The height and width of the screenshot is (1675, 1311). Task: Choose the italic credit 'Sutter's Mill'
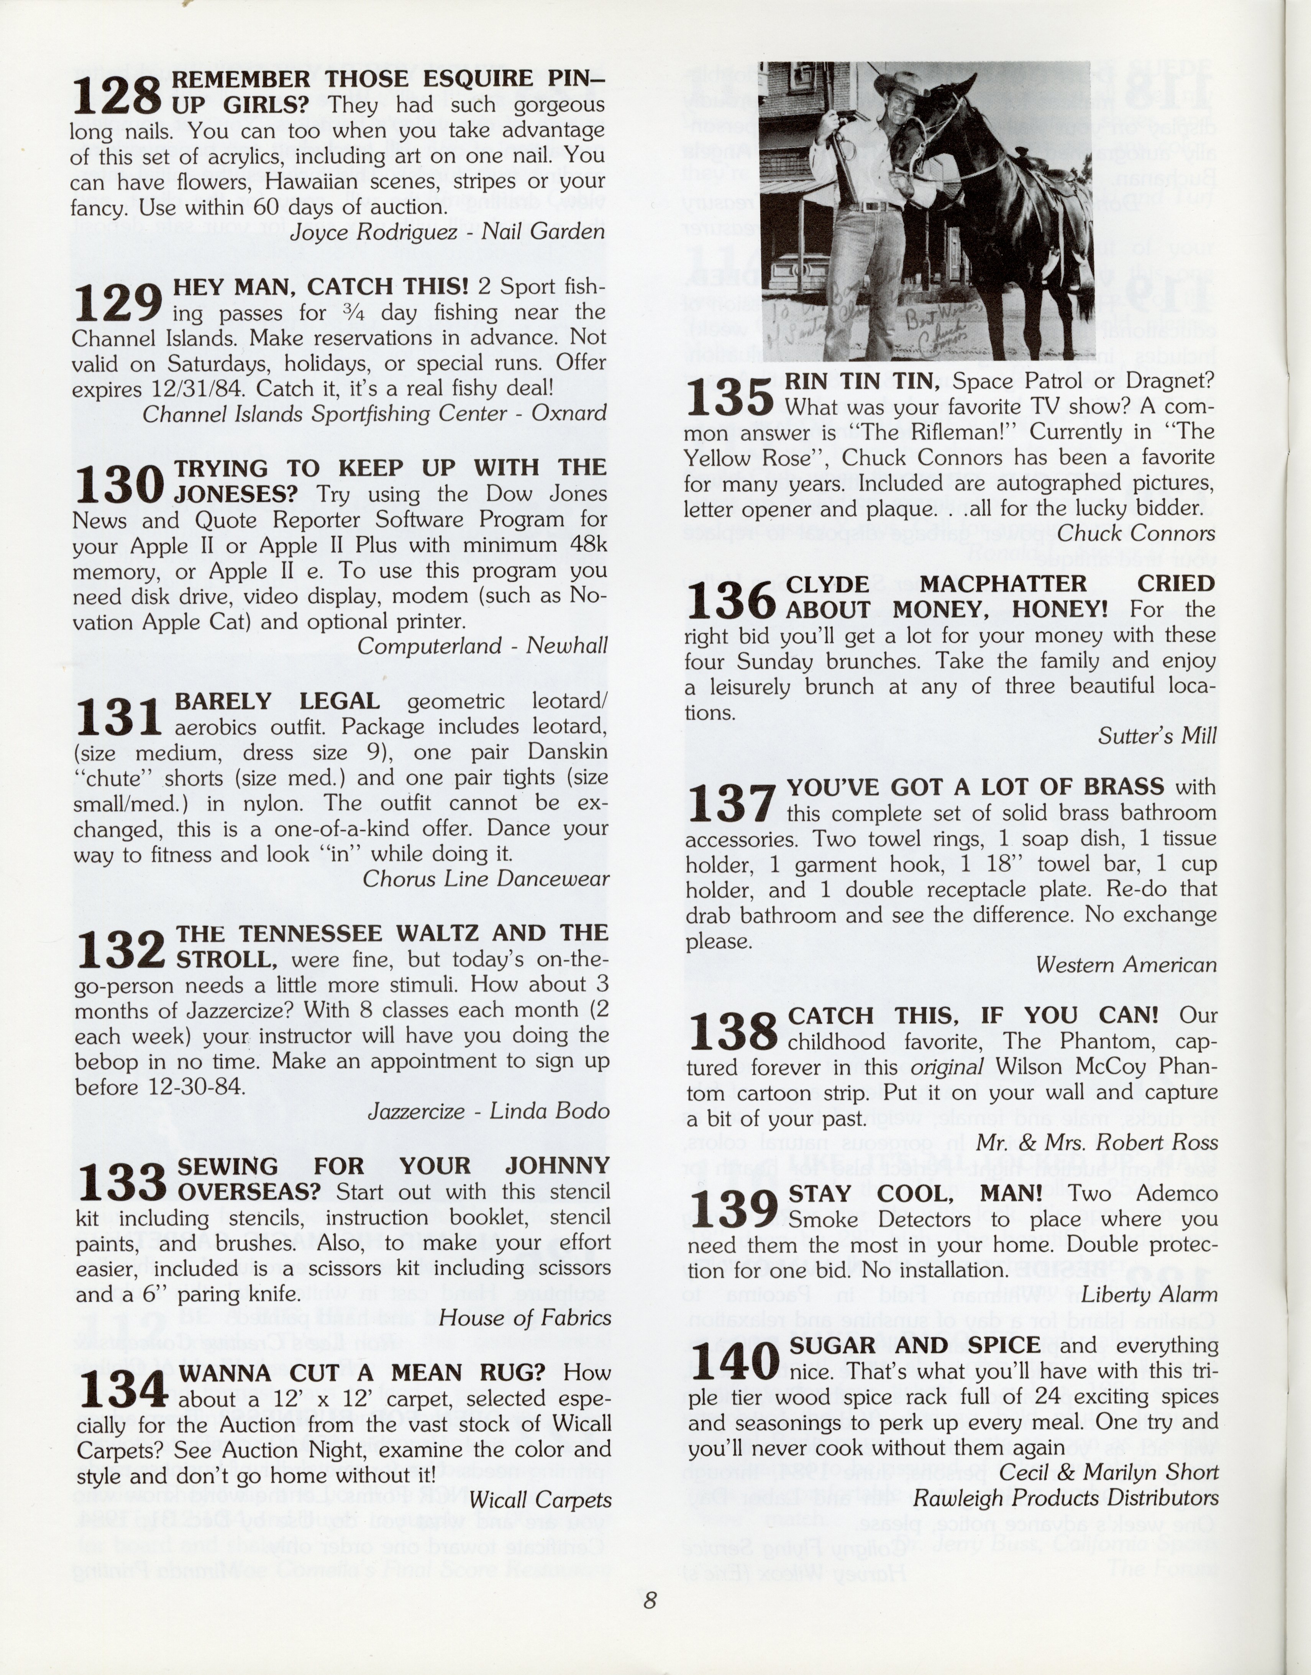pos(1157,736)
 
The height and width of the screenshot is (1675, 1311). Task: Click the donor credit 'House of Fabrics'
pos(524,1318)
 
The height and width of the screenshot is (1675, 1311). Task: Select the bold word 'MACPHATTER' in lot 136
pos(1003,584)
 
